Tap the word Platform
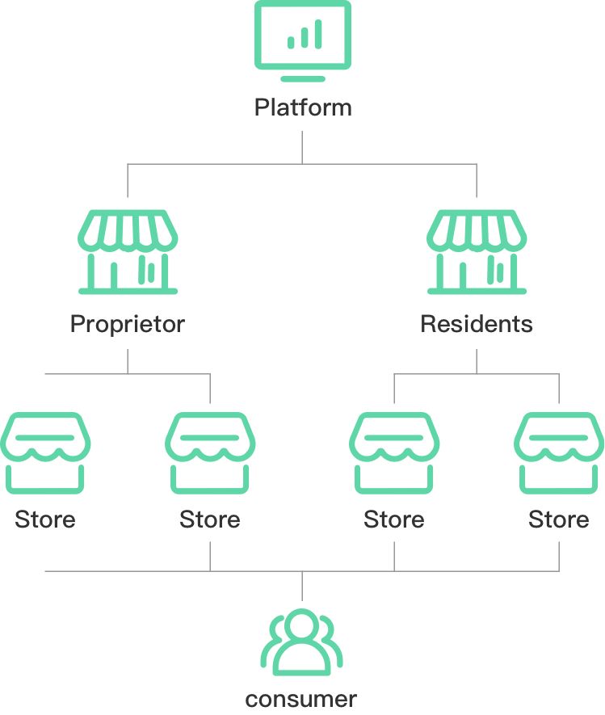(303, 107)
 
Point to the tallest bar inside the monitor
(318, 34)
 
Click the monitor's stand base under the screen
(303, 79)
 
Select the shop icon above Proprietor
(128, 252)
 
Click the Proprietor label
(128, 325)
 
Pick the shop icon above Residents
(477, 252)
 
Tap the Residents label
(477, 324)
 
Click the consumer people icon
(302, 642)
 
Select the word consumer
(301, 700)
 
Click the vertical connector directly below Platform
(302, 147)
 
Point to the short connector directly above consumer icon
(302, 586)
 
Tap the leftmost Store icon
(45, 452)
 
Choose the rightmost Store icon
(559, 452)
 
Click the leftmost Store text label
(45, 519)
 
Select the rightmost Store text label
(559, 519)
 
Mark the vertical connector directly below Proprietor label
(128, 362)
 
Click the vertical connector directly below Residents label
(477, 362)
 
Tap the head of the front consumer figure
(302, 624)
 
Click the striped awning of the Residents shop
(477, 231)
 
